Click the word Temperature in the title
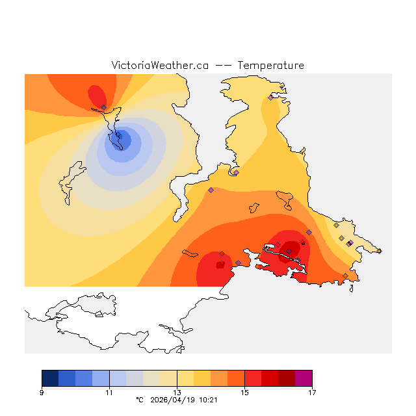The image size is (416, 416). pos(270,66)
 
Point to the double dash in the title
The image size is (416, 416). pos(223,66)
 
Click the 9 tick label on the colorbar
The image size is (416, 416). pos(42,392)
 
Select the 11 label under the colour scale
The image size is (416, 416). pos(109,392)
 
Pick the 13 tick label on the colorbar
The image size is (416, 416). pos(177,392)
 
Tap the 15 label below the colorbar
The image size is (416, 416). pos(244,392)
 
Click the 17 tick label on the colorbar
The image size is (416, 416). pos(312,392)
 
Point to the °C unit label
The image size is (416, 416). pos(138,400)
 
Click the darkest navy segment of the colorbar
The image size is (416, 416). pos(50,378)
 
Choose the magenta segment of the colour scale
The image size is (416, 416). pos(304,378)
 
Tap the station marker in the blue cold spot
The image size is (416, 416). pos(118,135)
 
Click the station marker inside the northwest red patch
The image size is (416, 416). pos(103,107)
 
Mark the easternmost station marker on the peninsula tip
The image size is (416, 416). pos(380,251)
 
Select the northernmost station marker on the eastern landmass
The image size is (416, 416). pos(270,97)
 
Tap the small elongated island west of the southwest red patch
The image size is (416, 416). pos(190,252)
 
